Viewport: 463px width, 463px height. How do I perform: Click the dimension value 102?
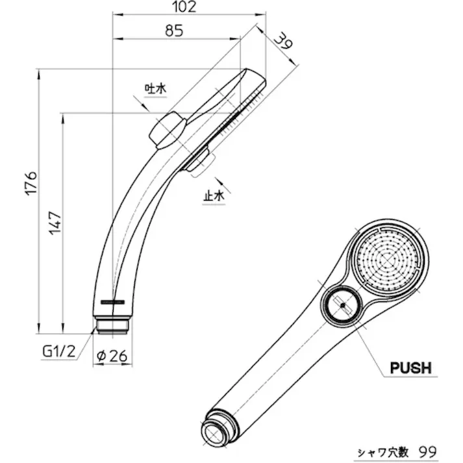[x=186, y=7]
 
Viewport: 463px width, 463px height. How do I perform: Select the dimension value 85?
[x=174, y=30]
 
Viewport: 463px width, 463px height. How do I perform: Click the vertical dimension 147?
[x=55, y=223]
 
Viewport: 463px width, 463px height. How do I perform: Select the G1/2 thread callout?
[x=60, y=351]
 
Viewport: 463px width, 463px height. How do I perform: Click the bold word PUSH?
[x=410, y=368]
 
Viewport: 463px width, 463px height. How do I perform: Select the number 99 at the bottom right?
[x=427, y=451]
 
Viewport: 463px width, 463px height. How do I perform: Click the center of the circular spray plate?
[x=387, y=262]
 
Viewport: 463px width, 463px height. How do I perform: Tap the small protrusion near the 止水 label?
[x=199, y=160]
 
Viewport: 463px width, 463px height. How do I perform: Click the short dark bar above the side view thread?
[x=113, y=301]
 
